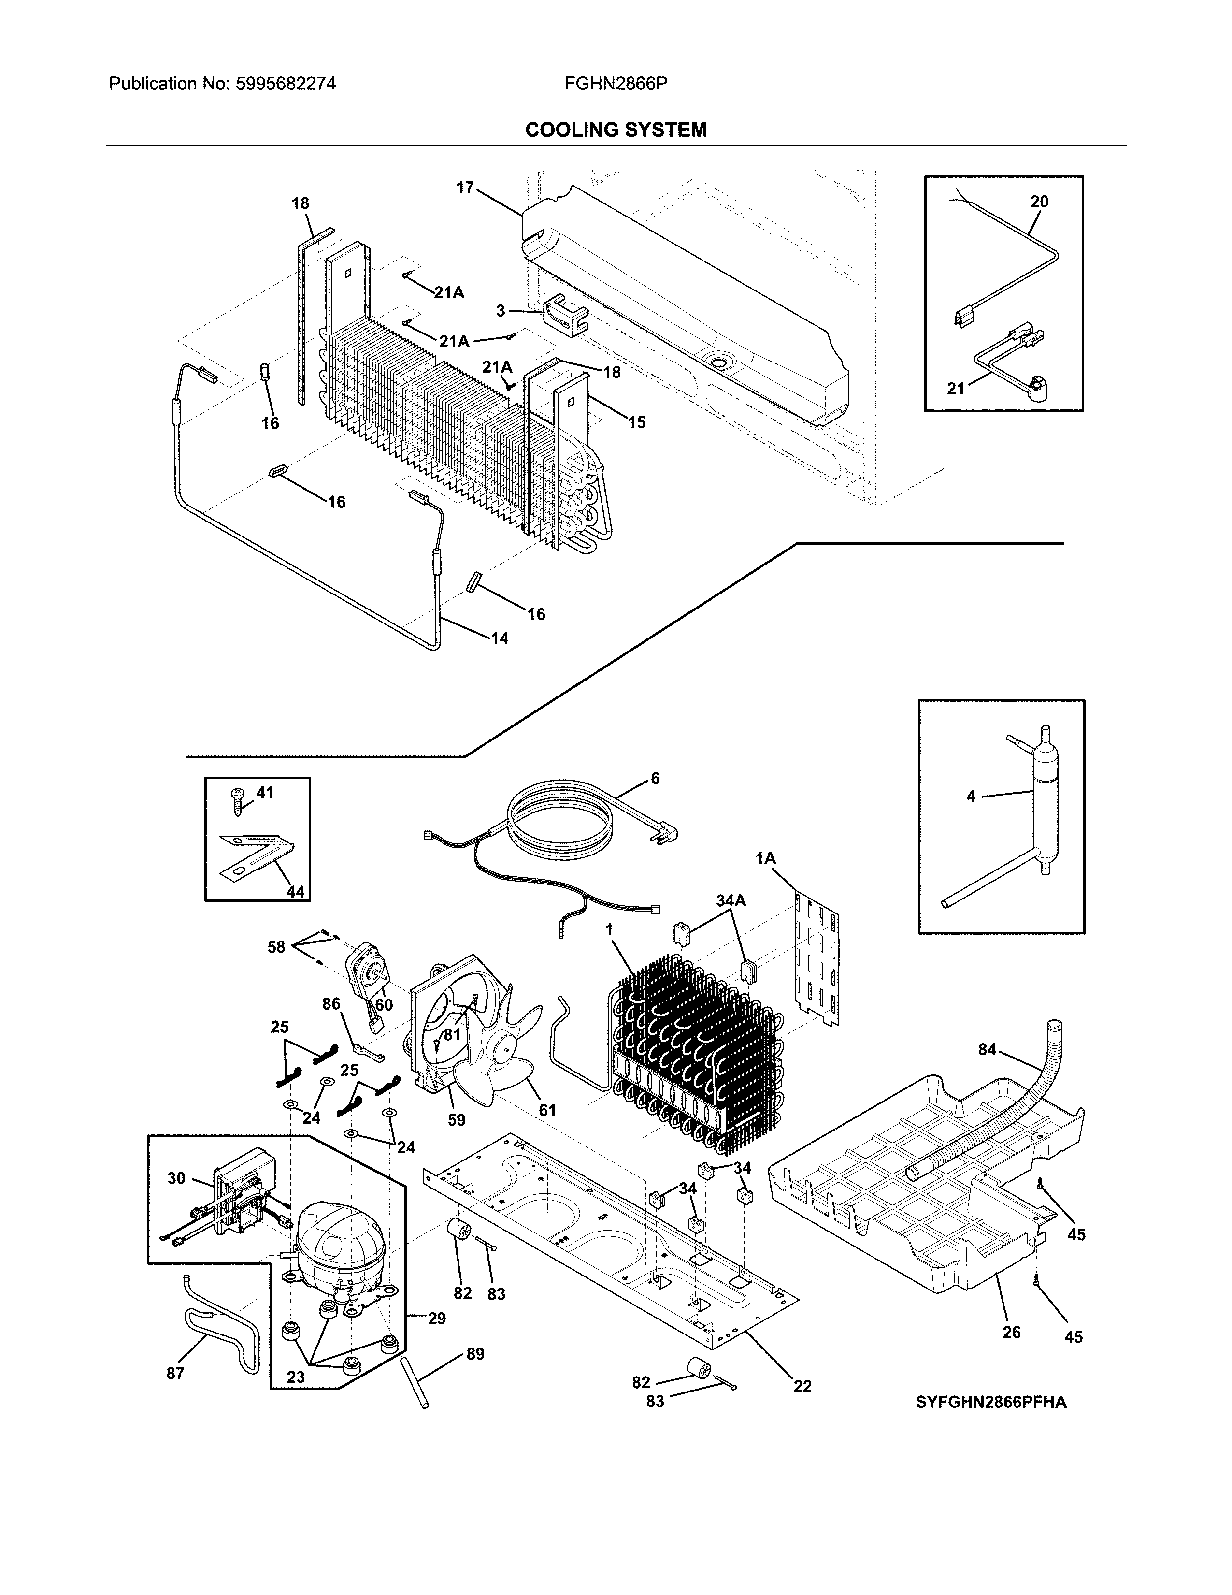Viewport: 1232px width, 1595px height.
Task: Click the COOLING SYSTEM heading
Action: (615, 130)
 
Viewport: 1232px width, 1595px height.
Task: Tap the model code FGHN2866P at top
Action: (615, 84)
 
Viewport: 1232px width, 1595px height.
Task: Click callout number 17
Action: (465, 188)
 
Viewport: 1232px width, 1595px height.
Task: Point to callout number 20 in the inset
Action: (1039, 202)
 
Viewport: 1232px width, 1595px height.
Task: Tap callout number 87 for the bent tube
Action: (175, 1373)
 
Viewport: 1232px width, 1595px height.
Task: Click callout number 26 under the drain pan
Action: (1011, 1332)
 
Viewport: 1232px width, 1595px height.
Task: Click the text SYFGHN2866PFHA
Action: (991, 1402)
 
